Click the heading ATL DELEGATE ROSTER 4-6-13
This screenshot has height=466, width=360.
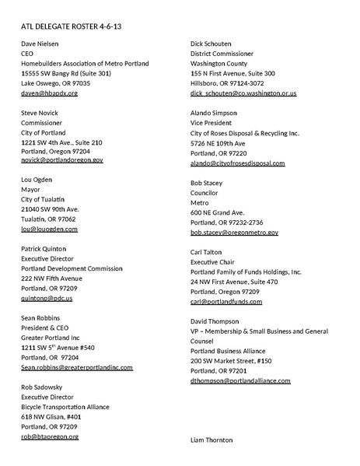71,26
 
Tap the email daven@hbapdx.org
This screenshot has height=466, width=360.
49,93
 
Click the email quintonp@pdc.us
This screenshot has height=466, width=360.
47,298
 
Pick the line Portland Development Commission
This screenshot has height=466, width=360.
72,268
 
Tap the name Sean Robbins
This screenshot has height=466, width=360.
44,318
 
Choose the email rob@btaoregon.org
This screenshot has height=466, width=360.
49,436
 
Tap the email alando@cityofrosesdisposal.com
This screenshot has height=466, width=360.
237,163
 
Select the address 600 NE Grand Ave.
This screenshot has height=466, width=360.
218,212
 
